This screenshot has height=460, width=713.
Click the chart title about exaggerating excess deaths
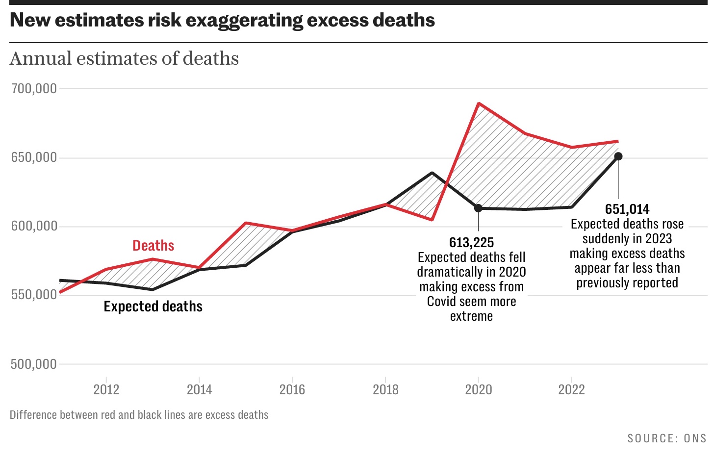click(222, 20)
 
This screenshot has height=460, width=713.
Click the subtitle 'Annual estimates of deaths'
click(124, 58)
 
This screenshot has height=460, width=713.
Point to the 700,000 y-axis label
click(34, 89)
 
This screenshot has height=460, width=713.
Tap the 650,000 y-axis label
click(34, 158)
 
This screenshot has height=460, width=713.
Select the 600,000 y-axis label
click(34, 227)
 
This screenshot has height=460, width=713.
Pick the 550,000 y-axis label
click(34, 295)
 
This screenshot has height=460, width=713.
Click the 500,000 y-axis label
click(34, 364)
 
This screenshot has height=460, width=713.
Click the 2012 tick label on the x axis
click(106, 390)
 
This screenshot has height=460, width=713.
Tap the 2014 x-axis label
click(199, 390)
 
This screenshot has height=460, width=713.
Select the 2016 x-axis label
click(292, 390)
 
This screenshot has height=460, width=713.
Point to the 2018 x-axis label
click(385, 390)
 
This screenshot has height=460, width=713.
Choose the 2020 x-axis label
click(479, 390)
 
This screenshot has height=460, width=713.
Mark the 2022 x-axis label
click(571, 390)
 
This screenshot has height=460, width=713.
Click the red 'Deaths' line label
click(153, 246)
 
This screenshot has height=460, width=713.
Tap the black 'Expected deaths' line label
click(153, 307)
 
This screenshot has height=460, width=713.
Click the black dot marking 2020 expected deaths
click(478, 208)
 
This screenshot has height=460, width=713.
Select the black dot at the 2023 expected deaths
click(618, 156)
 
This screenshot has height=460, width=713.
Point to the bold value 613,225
click(472, 243)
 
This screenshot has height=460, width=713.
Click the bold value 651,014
click(627, 209)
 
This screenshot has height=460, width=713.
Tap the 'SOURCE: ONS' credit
click(667, 438)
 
